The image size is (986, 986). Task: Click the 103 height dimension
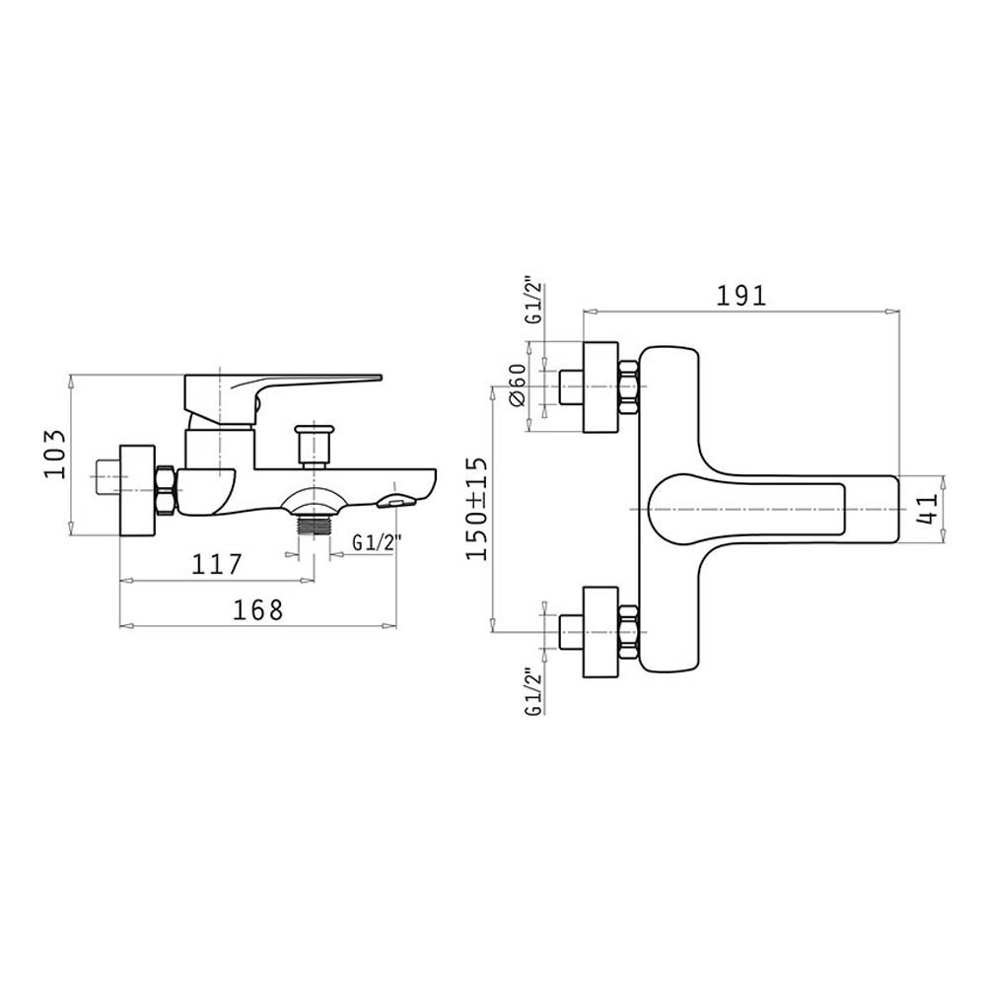click(54, 454)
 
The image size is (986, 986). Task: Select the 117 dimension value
click(216, 564)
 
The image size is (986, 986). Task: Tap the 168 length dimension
click(258, 610)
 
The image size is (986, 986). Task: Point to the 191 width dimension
click(742, 296)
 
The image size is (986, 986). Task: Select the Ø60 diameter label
click(518, 385)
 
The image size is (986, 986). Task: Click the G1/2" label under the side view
click(377, 542)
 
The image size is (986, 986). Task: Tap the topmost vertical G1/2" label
click(533, 300)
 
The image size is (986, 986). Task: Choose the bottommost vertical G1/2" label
click(533, 692)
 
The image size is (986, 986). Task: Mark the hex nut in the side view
click(165, 490)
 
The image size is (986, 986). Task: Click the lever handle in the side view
click(283, 395)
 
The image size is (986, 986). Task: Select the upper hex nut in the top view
click(628, 387)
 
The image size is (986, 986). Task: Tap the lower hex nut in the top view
click(628, 632)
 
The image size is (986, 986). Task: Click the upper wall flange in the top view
click(601, 387)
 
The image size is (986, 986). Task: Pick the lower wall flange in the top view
click(601, 632)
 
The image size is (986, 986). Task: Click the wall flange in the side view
click(137, 490)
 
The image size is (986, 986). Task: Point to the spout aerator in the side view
click(396, 501)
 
